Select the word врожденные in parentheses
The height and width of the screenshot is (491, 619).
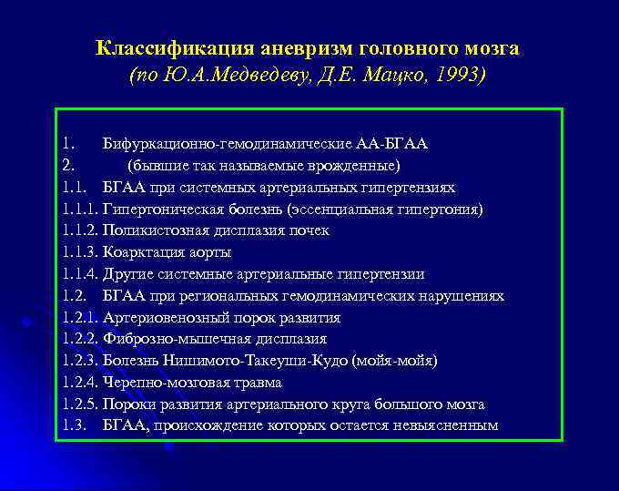click(349, 165)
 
